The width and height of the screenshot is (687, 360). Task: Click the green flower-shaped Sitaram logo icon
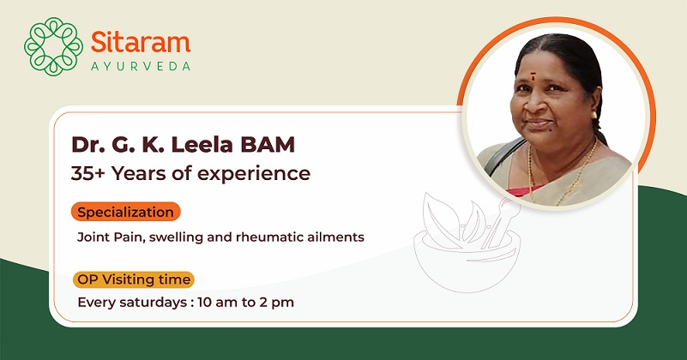tap(53, 46)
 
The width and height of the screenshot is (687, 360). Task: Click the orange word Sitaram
tap(141, 43)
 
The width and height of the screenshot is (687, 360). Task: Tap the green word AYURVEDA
tap(141, 67)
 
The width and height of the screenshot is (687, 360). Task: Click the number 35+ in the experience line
tap(88, 173)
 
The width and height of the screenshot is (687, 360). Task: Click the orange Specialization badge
tap(126, 212)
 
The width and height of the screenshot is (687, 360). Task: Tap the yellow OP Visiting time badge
tap(134, 279)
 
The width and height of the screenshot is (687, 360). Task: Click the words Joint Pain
tap(111, 237)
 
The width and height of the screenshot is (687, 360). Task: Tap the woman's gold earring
tap(594, 115)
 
